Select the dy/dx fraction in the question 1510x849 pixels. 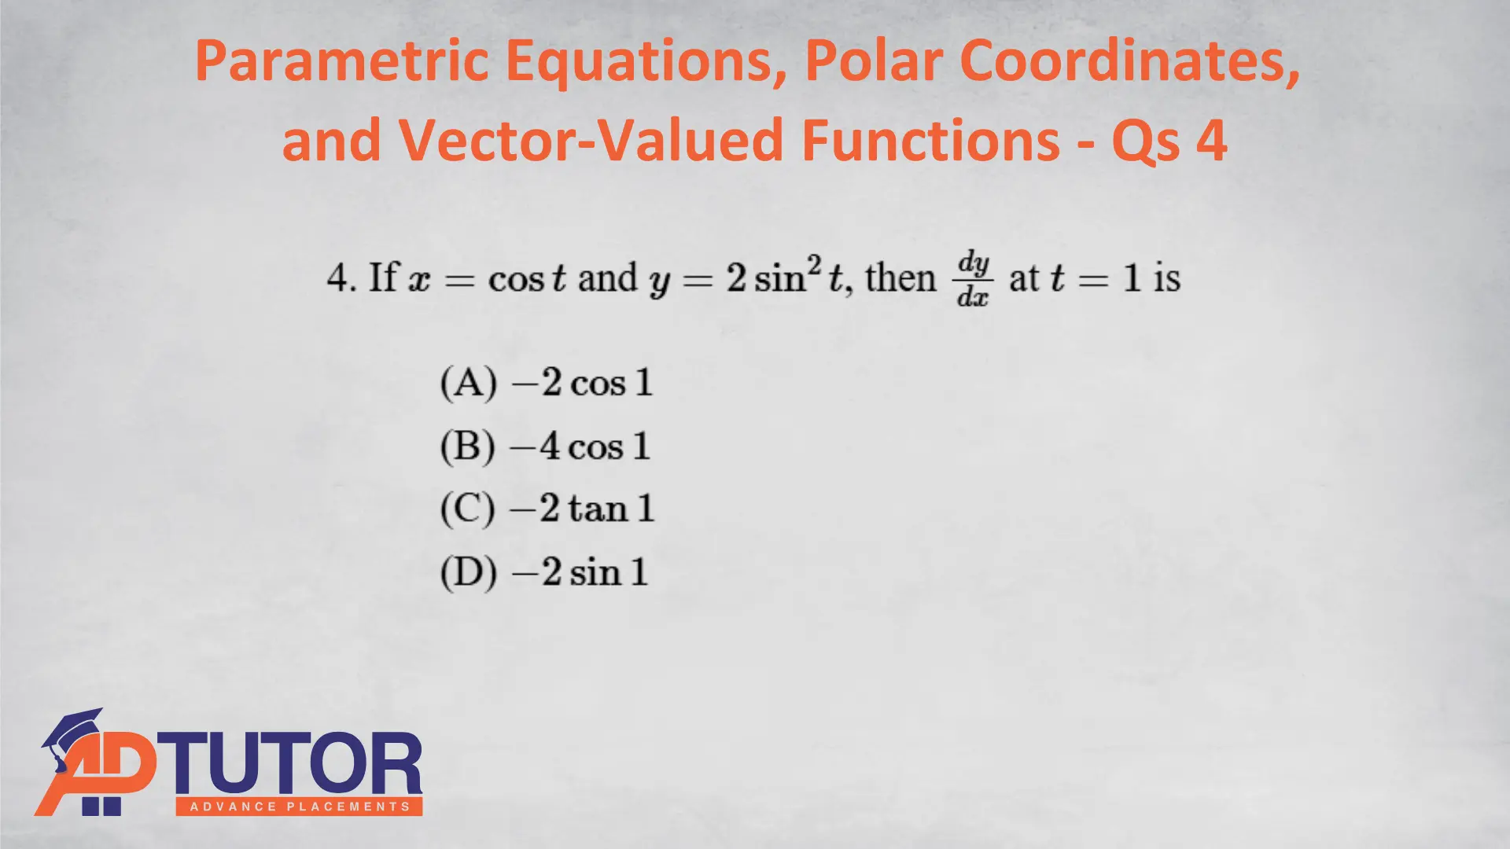click(x=974, y=279)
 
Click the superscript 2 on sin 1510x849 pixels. click(x=814, y=265)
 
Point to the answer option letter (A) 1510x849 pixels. click(x=469, y=383)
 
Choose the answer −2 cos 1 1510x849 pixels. click(x=582, y=383)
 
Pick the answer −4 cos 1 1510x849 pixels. click(x=580, y=447)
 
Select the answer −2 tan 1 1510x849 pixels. click(x=582, y=509)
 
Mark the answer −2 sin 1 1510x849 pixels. click(x=580, y=572)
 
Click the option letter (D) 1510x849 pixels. click(x=469, y=572)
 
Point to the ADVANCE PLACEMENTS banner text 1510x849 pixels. click(x=300, y=807)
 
